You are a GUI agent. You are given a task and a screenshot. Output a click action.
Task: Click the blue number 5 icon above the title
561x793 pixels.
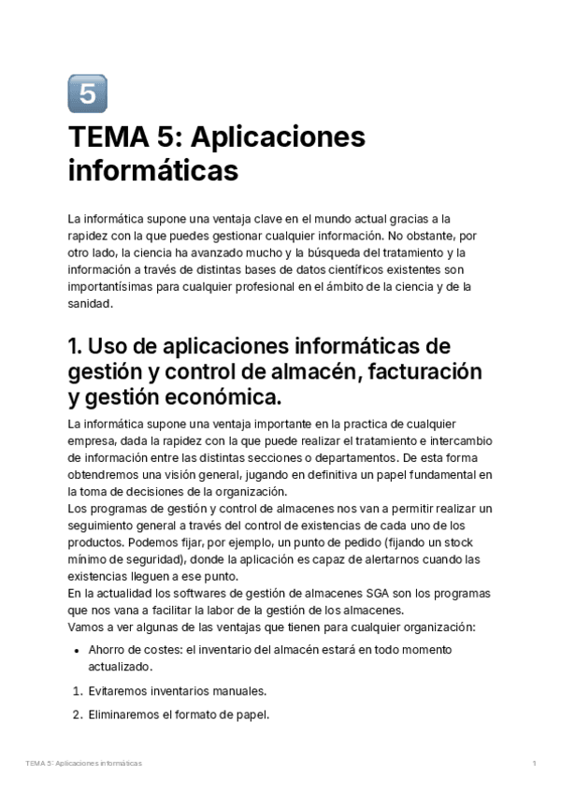click(x=88, y=94)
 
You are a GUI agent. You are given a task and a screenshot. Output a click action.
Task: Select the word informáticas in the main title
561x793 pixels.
click(x=153, y=172)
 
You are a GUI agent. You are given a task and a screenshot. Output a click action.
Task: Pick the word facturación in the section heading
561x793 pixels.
click(x=421, y=371)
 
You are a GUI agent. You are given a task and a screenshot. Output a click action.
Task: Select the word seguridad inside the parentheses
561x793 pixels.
click(x=142, y=559)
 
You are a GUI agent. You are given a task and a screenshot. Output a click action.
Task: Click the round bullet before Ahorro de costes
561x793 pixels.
click(x=77, y=651)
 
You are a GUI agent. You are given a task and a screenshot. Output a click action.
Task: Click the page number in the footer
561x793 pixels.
click(x=533, y=764)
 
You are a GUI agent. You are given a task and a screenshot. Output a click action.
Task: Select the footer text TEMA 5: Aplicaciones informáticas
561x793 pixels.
click(x=84, y=764)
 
